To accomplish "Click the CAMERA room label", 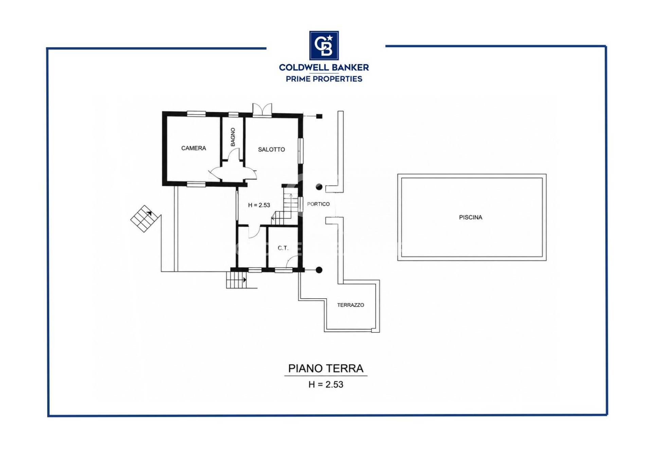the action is click(x=194, y=148).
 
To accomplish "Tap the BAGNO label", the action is click(x=233, y=137).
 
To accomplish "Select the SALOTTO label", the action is click(x=271, y=149).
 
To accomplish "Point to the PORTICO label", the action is click(x=318, y=204).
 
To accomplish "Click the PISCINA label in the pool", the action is click(x=471, y=217).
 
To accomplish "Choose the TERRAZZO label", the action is click(x=350, y=305).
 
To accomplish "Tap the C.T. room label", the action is click(x=283, y=248).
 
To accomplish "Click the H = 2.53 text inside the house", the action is click(x=259, y=205).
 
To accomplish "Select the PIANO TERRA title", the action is click(x=326, y=369).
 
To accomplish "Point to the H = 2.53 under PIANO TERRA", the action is click(x=326, y=385).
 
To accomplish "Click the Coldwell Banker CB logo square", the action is click(x=324, y=46).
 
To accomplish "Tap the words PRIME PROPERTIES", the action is click(x=324, y=79).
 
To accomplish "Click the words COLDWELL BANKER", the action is click(x=324, y=68).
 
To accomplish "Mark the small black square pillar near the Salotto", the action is click(x=319, y=116).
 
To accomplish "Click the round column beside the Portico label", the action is click(x=319, y=187).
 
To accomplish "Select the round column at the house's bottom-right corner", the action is click(x=319, y=270).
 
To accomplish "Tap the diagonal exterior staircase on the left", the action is click(x=145, y=219).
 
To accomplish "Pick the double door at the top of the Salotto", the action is click(x=262, y=110).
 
